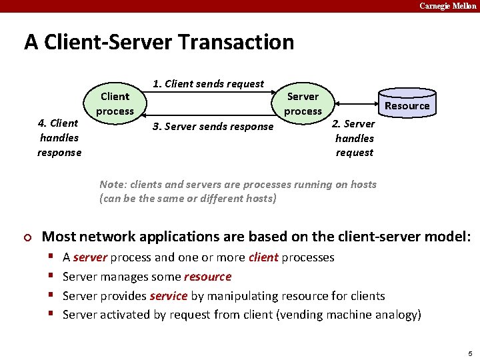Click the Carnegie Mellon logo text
click(x=448, y=6)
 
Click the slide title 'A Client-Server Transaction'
click(x=159, y=42)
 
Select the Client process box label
click(x=115, y=103)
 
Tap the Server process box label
click(x=303, y=103)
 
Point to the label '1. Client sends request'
click(x=208, y=84)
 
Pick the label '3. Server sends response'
click(x=212, y=127)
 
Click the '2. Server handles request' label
click(x=354, y=138)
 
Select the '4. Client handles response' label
click(x=59, y=137)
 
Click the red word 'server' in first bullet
click(x=90, y=257)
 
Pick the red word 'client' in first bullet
click(x=263, y=257)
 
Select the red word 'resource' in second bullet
click(x=207, y=277)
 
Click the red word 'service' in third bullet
click(x=169, y=296)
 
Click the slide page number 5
click(x=470, y=353)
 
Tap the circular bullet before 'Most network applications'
click(x=27, y=237)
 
